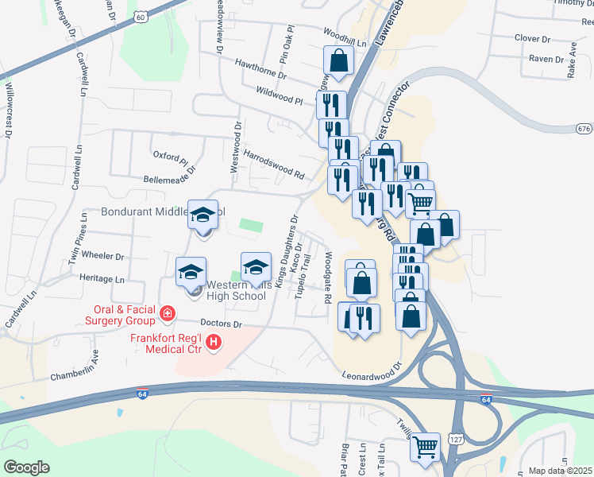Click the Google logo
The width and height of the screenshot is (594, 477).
[x=25, y=467]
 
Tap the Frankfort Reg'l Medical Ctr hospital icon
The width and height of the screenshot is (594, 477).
[x=213, y=343]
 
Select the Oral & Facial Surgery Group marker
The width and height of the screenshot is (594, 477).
[x=167, y=313]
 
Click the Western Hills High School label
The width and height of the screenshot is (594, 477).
[x=235, y=290]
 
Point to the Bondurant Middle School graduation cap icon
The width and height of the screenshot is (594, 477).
[x=202, y=214]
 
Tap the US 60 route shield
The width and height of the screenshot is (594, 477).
[x=141, y=17]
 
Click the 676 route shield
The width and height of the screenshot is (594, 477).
[x=584, y=129]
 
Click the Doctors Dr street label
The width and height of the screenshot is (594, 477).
[x=221, y=324]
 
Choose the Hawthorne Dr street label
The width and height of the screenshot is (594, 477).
[x=260, y=68]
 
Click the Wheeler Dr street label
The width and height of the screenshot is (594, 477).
[x=108, y=257]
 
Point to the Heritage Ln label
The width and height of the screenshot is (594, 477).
[x=102, y=279]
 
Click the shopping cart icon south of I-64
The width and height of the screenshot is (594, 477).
[x=426, y=447]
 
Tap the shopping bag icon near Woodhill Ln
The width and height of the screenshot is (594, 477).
[x=338, y=60]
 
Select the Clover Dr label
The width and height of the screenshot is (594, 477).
[x=532, y=38]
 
